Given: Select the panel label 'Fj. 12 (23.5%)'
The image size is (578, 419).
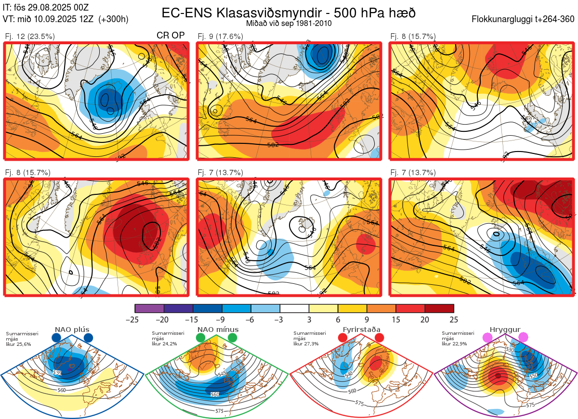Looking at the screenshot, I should [29, 36].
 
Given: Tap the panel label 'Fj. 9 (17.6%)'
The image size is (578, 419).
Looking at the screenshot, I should [220, 36].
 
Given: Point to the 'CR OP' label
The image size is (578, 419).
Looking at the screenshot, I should [171, 36].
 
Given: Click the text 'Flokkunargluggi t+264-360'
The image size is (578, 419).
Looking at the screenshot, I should [524, 19].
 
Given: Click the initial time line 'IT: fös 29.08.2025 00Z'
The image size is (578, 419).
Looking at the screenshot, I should [46, 7].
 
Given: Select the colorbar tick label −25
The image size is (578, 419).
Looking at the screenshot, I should [135, 319].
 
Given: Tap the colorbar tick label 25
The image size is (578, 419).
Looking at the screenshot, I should [453, 319].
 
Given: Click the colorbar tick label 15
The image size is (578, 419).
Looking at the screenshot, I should [395, 319].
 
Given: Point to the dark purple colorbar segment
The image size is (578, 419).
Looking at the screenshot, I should [178, 308].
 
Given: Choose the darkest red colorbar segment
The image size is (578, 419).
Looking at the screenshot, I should [439, 308].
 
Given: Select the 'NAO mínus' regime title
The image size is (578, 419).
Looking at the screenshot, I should [218, 330].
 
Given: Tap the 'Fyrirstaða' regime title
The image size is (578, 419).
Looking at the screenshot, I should [361, 330].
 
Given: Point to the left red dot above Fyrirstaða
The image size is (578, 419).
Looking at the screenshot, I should [343, 338].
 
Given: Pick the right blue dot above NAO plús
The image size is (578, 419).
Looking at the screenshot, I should [88, 338].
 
